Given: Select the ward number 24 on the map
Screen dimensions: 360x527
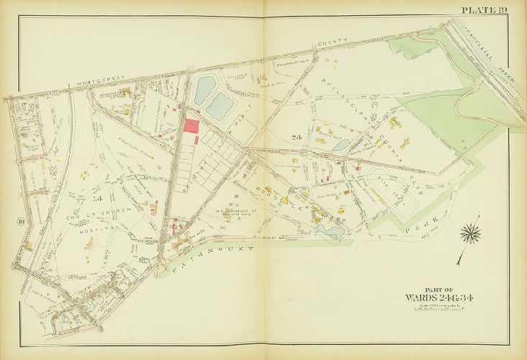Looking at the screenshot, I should [296, 137].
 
